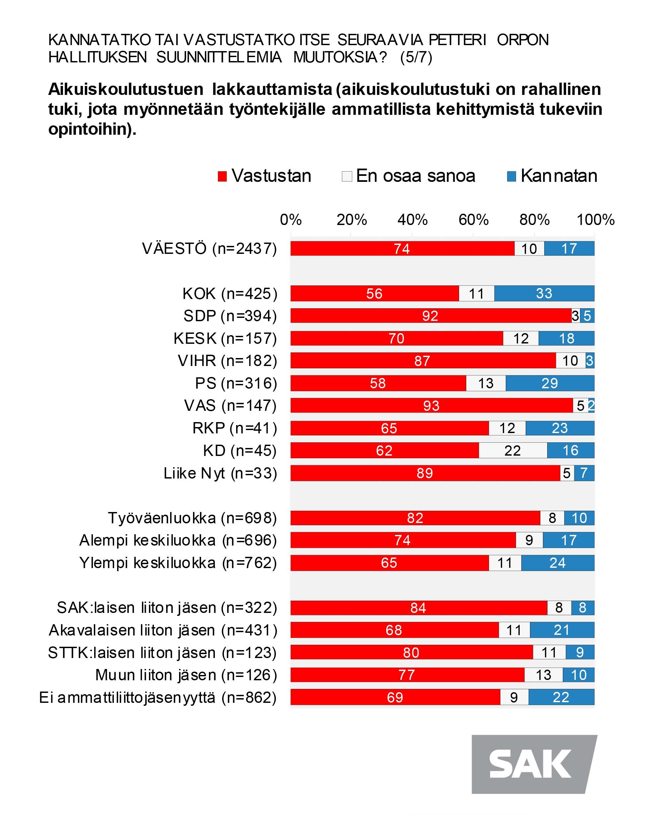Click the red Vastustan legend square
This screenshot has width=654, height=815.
point(222,177)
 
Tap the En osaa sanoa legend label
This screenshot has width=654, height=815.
point(415,176)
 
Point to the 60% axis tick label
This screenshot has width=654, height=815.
point(473,220)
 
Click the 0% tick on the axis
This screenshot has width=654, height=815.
point(291,220)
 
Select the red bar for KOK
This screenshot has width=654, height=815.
point(374,293)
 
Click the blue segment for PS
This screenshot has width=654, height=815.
point(550,383)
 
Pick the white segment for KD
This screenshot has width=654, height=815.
point(513,451)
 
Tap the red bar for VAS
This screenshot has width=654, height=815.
point(431,406)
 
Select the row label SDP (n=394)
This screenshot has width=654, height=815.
point(230,316)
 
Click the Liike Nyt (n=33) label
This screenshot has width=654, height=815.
point(220,473)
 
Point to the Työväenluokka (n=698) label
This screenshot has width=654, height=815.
point(192,518)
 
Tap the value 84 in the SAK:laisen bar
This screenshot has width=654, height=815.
point(418,608)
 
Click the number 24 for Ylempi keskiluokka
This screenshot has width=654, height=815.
point(557,563)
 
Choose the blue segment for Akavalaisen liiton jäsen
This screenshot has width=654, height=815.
point(561,630)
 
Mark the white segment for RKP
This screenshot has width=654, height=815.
point(507,428)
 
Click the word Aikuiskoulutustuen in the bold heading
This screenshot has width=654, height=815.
point(125,90)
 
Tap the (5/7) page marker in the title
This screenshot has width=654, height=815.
point(416,57)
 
